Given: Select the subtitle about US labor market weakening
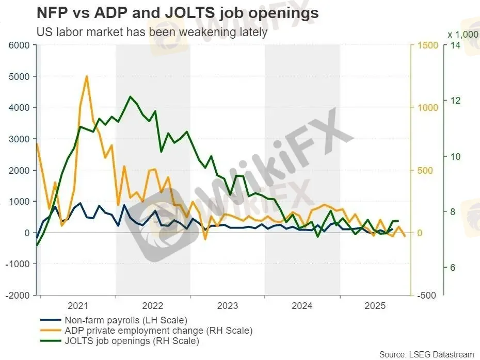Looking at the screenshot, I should coord(152,31).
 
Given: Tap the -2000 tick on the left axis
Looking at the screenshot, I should coord(19,296).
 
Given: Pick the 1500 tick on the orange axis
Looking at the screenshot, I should coord(426,45).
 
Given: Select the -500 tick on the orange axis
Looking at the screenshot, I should coord(428,296).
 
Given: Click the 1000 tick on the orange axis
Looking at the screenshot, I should coord(426,108).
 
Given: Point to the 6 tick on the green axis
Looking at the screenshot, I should coord(453,268).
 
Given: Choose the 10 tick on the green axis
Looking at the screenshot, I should coord(455,156).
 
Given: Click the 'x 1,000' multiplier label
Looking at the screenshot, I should coord(462,34).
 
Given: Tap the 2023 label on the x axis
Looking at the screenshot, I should coord(228,305).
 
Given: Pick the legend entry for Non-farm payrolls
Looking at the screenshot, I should coord(125,320).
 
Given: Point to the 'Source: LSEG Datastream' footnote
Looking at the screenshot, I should coord(426,354).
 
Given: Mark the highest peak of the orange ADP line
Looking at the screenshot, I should coord(86,76).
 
